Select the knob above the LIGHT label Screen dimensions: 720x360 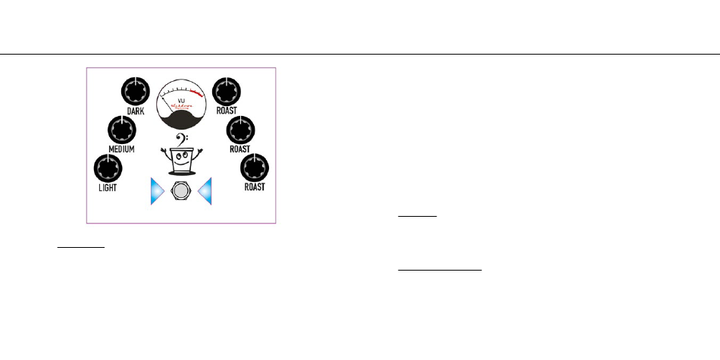(x=106, y=167)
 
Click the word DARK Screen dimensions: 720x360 (x=136, y=111)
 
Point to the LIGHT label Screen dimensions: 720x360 (x=107, y=186)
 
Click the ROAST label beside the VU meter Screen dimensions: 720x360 (x=227, y=111)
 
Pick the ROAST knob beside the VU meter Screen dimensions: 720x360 (x=227, y=92)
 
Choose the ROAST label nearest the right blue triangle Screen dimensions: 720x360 (x=255, y=186)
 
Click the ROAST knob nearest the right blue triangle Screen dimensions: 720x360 (x=255, y=167)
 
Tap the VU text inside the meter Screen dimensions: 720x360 (x=181, y=100)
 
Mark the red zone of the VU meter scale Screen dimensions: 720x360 (x=199, y=94)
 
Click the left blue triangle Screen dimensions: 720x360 (x=156, y=193)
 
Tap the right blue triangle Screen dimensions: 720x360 (x=205, y=193)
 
